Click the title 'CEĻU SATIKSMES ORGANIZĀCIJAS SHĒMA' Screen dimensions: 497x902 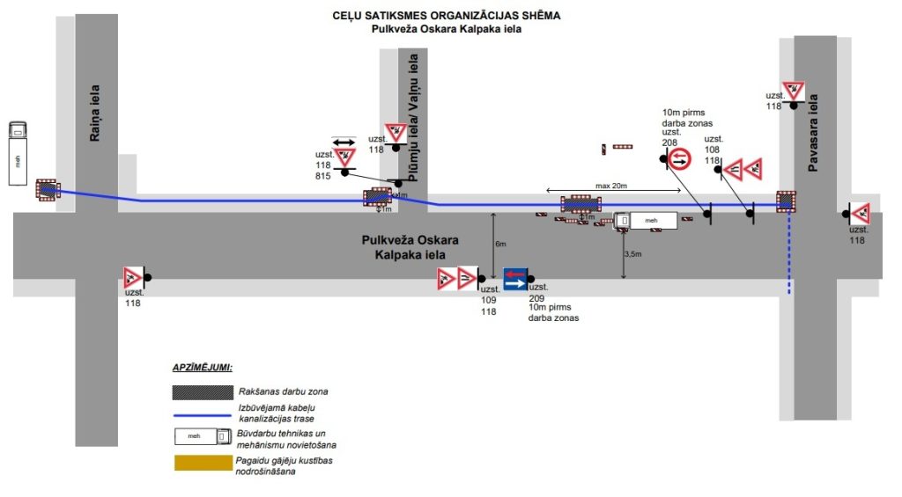446,15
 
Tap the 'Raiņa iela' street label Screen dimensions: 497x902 95,113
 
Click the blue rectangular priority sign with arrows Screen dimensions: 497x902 515,280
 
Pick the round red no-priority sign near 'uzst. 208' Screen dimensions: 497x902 680,159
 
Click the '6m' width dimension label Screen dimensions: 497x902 500,243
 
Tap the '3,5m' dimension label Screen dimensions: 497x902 632,253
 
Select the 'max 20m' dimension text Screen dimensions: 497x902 611,186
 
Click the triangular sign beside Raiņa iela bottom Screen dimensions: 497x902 132,277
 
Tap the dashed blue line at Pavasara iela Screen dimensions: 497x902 788,255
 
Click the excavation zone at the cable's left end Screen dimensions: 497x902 47,189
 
